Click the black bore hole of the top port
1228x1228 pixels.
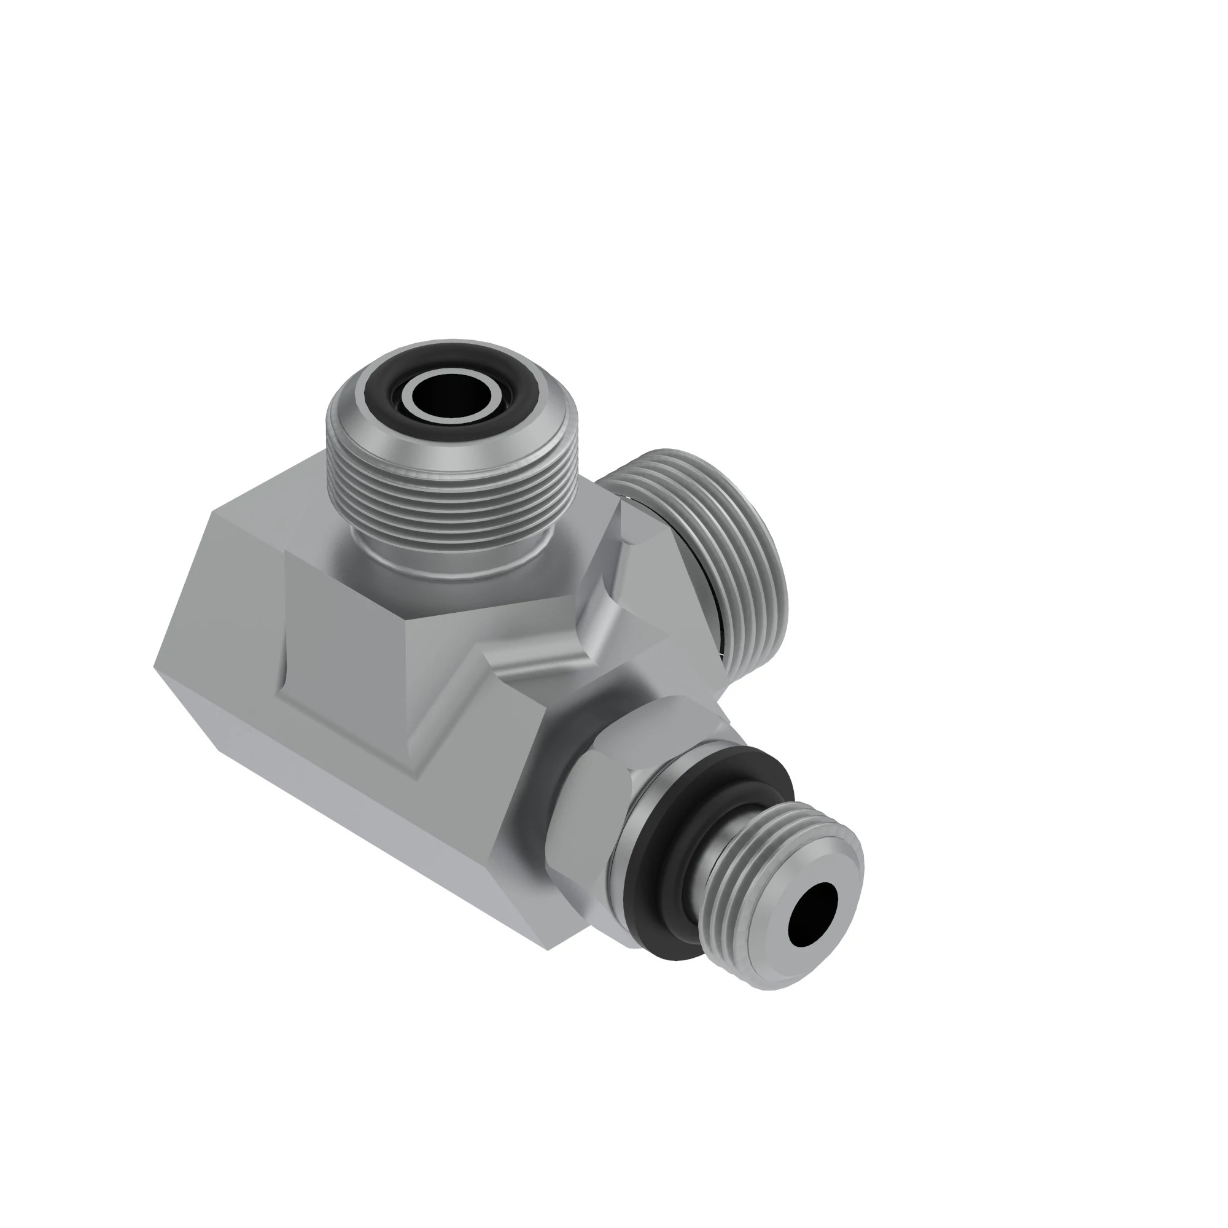[453, 395]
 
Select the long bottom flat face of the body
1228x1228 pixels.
[381, 826]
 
